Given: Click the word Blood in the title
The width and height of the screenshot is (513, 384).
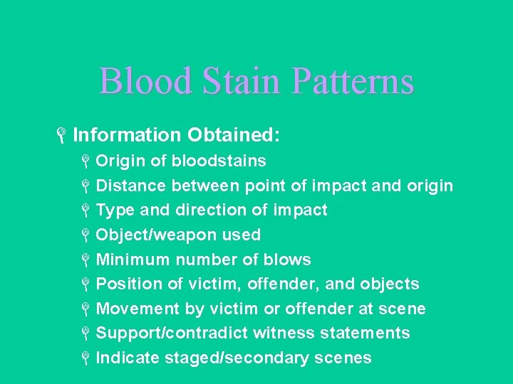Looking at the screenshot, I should click(145, 81).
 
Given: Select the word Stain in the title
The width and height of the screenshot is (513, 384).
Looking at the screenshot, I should click(242, 81).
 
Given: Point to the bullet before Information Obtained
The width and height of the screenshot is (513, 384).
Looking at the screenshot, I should click(63, 135).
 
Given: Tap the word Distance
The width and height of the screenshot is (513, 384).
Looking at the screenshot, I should click(131, 186).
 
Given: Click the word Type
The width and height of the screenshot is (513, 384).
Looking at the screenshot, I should click(115, 210).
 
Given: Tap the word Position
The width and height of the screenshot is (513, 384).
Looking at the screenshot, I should click(130, 284).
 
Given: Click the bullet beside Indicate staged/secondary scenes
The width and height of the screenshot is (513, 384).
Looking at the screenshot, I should click(84, 358).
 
